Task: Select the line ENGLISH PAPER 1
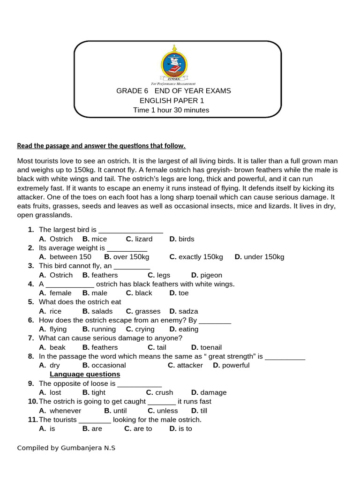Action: coord(172,101)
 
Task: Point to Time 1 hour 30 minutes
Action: coord(171,110)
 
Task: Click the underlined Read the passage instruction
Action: coord(101,146)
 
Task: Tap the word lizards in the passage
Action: coord(310,206)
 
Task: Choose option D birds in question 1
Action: coord(182,239)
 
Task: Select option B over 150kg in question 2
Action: coord(127,257)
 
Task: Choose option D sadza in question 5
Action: coord(184,311)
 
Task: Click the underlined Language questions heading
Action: coord(85,375)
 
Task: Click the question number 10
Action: coord(32,402)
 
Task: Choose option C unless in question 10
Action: coord(163,411)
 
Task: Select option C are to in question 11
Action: coord(138,429)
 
